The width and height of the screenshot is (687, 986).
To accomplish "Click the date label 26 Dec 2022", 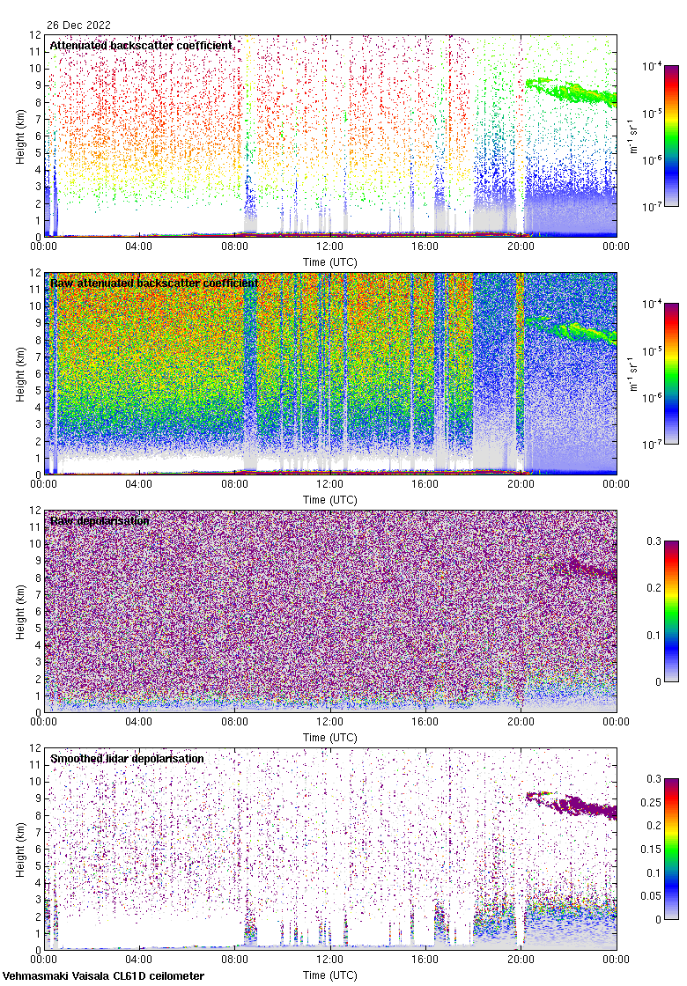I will coord(79,26).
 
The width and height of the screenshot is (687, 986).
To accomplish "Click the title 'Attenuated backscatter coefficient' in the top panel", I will coord(141,45).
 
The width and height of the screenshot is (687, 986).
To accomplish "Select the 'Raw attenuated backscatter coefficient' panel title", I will coord(154,283).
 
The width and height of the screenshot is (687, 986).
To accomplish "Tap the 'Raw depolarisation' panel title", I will coord(100,520).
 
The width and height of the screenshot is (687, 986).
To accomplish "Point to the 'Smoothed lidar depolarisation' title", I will coord(127,758).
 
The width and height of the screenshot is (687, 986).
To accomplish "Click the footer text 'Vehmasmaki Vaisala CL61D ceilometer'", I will coord(104,975).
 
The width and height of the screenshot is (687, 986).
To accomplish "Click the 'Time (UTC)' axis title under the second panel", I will coord(330,499).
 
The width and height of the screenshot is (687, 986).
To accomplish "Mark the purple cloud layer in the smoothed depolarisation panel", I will coord(572,804).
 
